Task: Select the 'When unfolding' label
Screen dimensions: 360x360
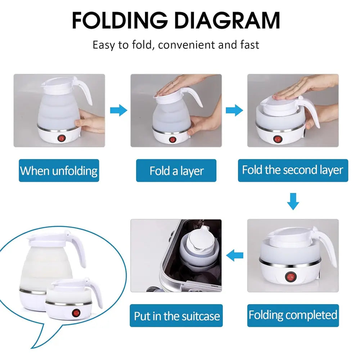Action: (x=59, y=170)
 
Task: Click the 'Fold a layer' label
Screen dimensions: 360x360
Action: (x=176, y=171)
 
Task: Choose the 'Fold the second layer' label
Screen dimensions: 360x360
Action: (x=293, y=170)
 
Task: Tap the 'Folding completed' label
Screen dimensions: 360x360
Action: (x=293, y=315)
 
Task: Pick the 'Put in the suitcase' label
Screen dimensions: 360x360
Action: (x=176, y=316)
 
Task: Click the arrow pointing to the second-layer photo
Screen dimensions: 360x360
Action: (x=234, y=110)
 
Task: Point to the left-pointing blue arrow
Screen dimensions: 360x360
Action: (x=234, y=256)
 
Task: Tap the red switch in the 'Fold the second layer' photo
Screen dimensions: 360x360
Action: (x=277, y=139)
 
